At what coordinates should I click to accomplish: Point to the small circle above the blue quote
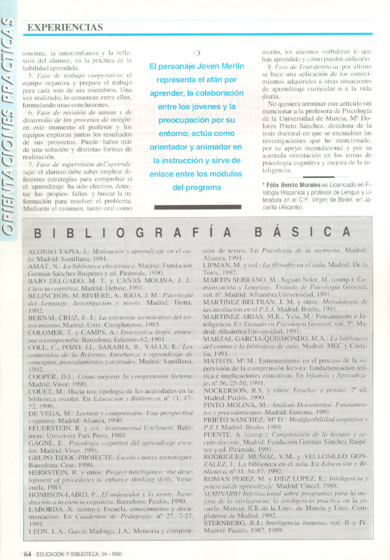197,53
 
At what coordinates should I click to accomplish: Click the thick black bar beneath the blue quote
197,207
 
